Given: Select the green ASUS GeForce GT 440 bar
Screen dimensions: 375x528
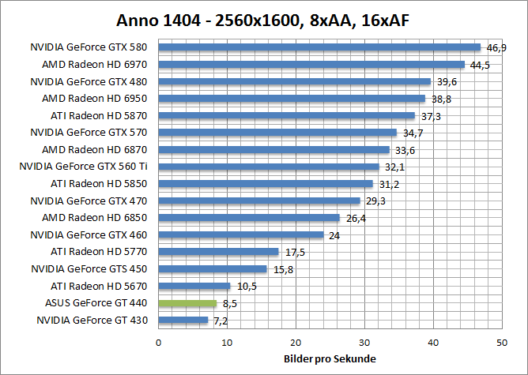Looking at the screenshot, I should pos(187,303).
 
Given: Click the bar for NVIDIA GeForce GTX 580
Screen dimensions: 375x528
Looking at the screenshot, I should pos(319,47).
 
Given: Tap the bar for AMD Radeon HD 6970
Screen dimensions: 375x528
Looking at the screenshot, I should pos(311,65).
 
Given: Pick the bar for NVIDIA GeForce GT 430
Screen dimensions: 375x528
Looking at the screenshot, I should pos(183,321).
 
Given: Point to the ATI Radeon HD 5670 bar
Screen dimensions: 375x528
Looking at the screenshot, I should pos(194,286).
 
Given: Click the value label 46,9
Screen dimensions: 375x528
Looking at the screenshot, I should pos(496,48).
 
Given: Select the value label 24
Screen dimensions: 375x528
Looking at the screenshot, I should pos(334,235).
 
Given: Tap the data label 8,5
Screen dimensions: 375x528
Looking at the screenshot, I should pos(229,303).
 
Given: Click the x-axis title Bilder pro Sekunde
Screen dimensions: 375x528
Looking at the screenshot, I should pos(330,359).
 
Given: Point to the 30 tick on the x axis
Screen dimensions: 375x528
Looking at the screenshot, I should pos(364,342).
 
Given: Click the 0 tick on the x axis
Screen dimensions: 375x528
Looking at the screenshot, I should pos(159,342).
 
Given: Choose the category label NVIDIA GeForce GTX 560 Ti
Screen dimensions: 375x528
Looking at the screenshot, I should pos(84,167).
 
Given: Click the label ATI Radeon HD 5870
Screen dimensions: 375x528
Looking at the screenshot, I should pos(99,115).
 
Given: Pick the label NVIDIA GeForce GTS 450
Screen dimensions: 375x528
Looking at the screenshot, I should pos(89,269).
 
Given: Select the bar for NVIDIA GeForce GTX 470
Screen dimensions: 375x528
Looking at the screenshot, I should pos(259,201).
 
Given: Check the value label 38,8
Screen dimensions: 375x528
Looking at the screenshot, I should pos(441,99).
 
